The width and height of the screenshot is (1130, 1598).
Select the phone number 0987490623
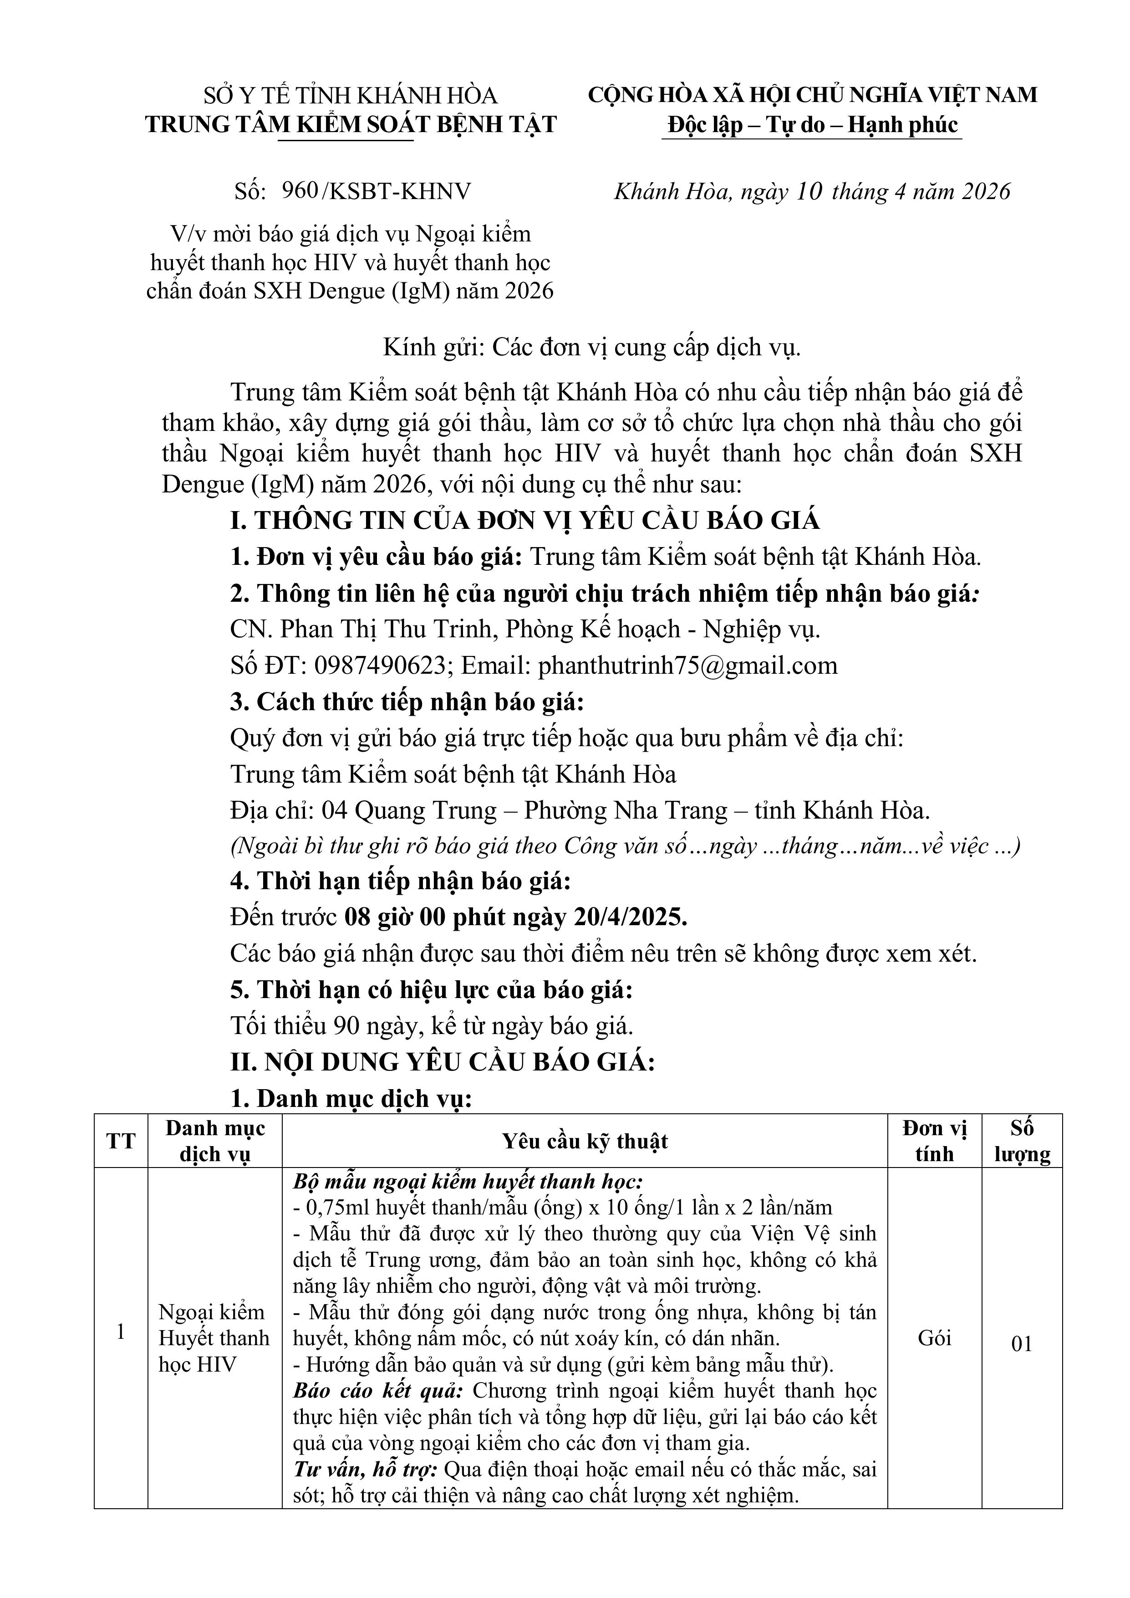click(x=380, y=666)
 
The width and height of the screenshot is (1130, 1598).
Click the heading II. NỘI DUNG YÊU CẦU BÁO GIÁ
click(x=443, y=1062)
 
